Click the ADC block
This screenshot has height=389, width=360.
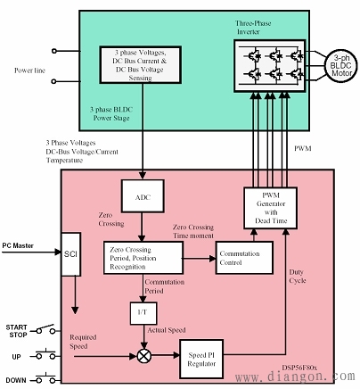[x=143, y=196]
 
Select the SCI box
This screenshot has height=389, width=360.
[x=70, y=254]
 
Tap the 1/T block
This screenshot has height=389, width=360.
[x=143, y=313]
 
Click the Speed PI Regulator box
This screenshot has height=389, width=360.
[x=201, y=359]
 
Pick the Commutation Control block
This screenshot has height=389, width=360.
[x=244, y=258]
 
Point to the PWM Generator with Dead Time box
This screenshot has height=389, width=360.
[x=270, y=208]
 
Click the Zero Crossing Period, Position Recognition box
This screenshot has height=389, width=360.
[x=143, y=258]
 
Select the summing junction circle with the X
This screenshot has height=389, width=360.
[x=144, y=356]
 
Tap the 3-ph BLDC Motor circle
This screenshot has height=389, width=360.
[x=341, y=66]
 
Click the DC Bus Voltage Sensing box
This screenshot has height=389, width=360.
[x=140, y=65]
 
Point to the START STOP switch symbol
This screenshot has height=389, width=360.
[x=45, y=329]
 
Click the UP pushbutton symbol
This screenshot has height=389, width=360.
[x=45, y=354]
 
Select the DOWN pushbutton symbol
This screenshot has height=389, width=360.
[x=45, y=378]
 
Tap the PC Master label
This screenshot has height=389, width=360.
[x=18, y=245]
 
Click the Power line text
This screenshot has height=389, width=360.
[x=29, y=70]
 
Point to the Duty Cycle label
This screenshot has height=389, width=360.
[x=297, y=277]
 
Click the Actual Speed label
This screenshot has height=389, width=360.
[x=167, y=330]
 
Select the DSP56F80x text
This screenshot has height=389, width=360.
[x=299, y=368]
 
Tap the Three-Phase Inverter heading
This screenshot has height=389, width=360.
[x=253, y=28]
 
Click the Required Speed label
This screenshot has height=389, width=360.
[x=83, y=342]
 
